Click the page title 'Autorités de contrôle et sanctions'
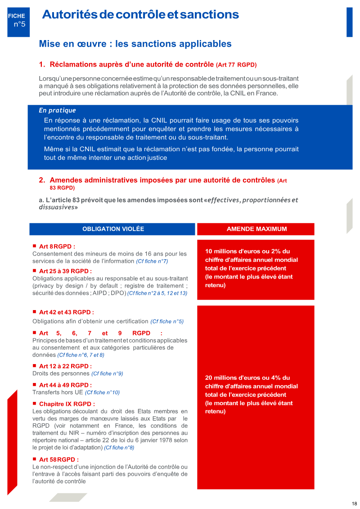click(x=140, y=14)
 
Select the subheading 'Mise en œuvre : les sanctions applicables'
click(x=135, y=44)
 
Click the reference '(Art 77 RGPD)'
click(x=236, y=65)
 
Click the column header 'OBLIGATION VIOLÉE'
click(x=113, y=229)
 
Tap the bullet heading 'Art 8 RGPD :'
click(x=57, y=246)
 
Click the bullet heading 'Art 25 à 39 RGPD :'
click(x=65, y=271)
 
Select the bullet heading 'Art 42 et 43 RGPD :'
click(x=66, y=312)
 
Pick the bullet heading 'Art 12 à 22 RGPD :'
click(x=65, y=366)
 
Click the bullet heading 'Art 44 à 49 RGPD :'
click(x=65, y=385)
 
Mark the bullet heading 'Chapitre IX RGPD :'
click(x=67, y=404)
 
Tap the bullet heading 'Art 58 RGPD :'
click(x=58, y=459)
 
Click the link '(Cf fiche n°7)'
click(x=152, y=261)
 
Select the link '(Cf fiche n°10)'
click(x=102, y=392)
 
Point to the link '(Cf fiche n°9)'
click(x=107, y=374)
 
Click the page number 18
click(x=354, y=504)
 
